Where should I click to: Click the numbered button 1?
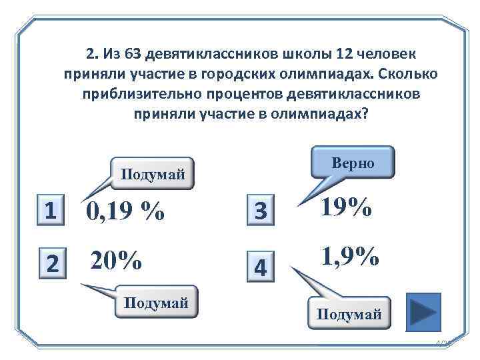[50, 211]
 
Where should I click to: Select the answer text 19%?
[346, 207]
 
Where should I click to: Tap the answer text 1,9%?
[350, 255]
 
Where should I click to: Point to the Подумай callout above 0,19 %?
[152, 174]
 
